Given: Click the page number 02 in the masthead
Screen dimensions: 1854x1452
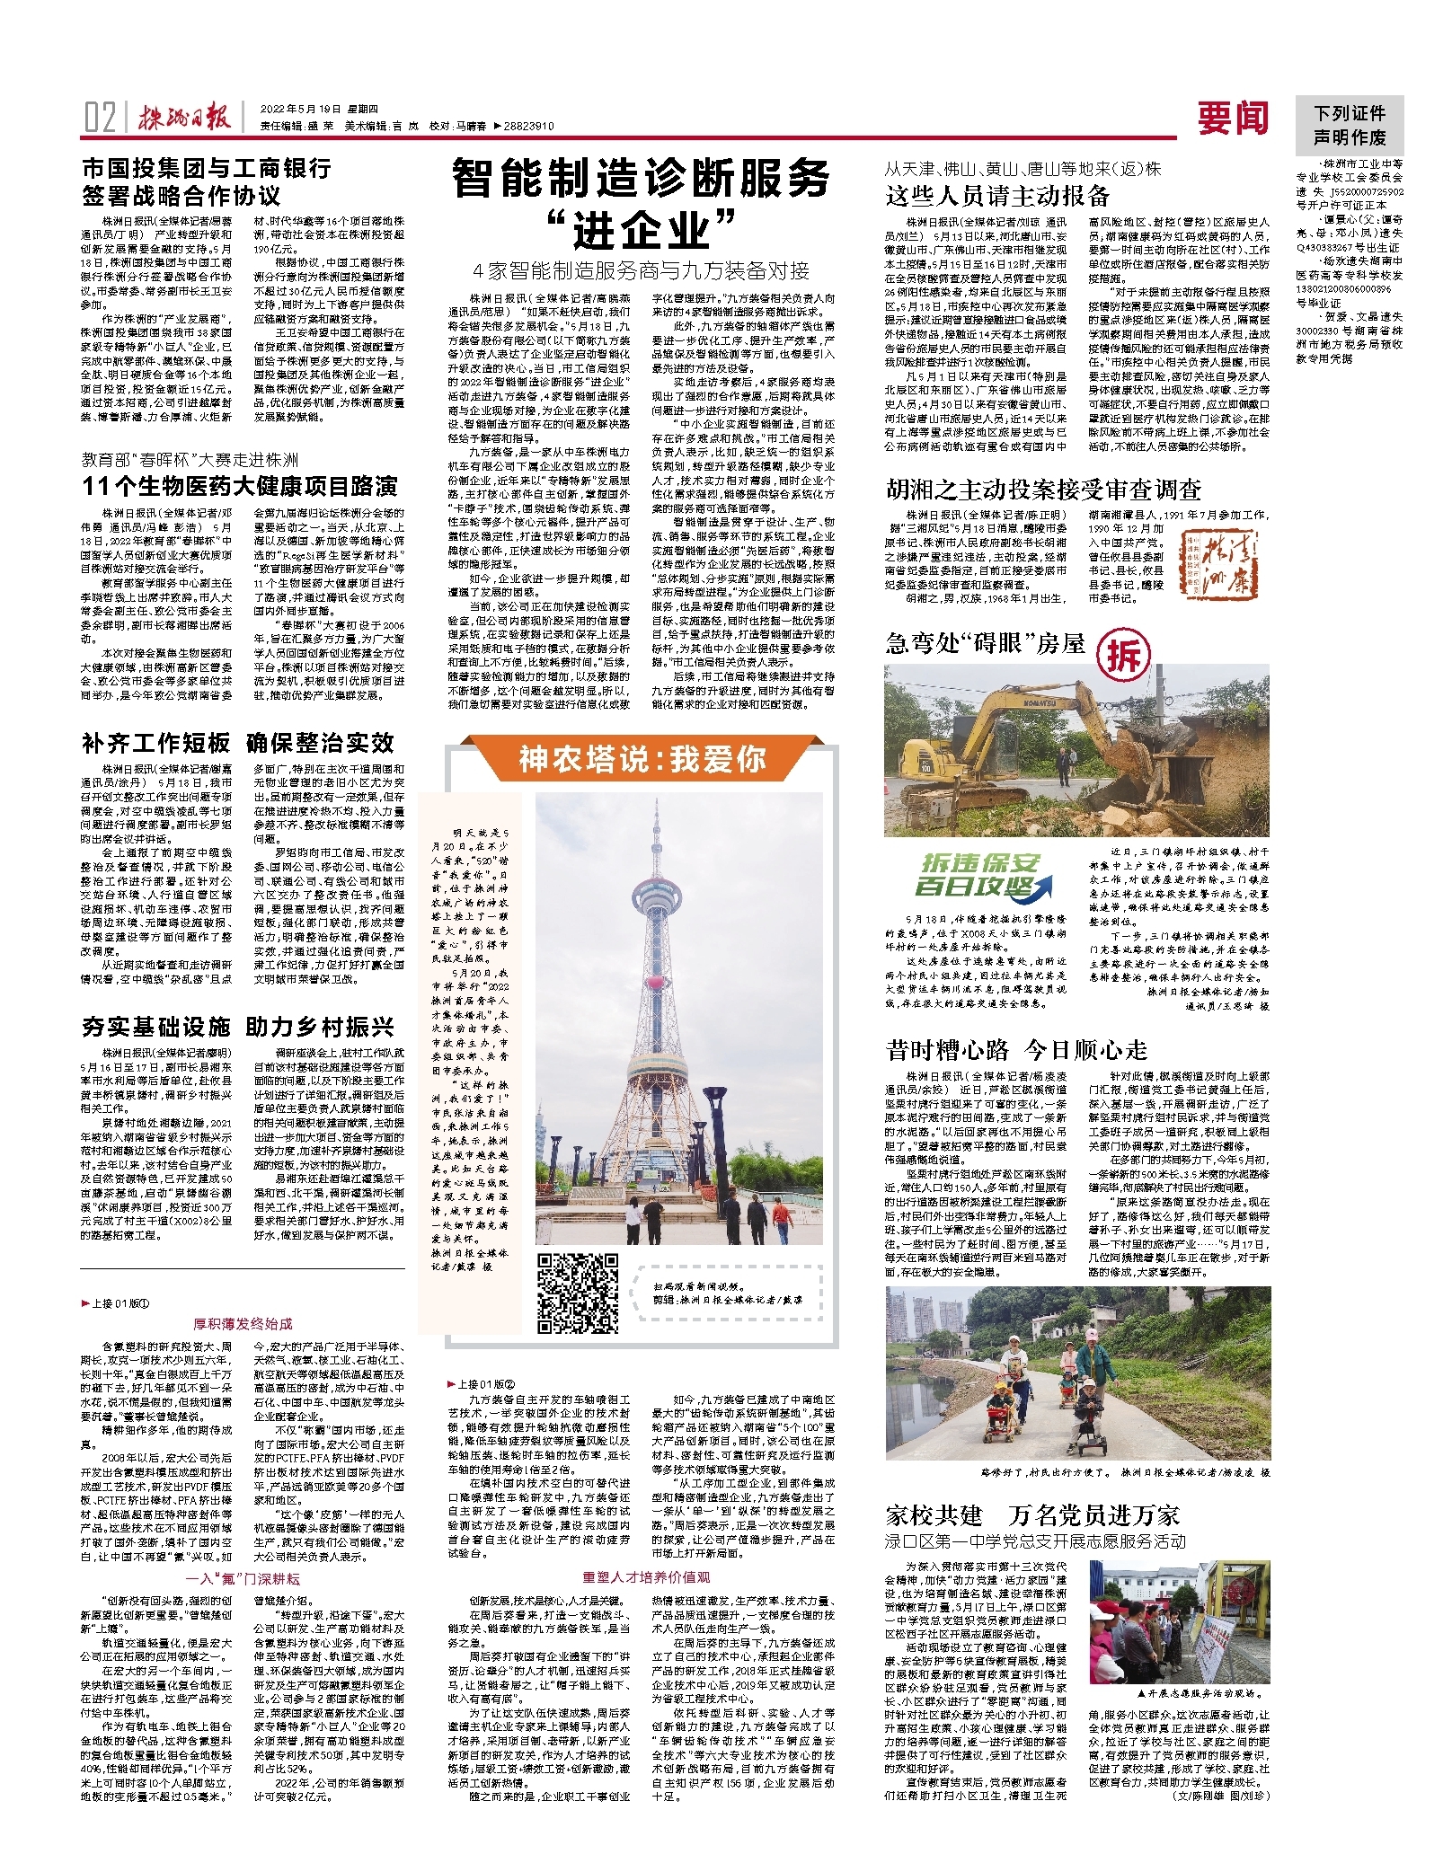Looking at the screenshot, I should tap(100, 118).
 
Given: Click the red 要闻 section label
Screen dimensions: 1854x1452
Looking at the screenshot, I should tap(1232, 119).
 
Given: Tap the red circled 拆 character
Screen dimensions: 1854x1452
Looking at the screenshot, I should tap(1123, 656).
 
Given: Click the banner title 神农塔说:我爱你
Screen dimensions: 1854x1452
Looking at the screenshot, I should tap(642, 759).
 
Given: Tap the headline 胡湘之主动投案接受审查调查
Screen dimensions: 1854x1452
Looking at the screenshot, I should tap(1043, 490).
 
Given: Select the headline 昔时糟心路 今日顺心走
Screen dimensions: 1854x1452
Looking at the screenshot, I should tap(1016, 1049).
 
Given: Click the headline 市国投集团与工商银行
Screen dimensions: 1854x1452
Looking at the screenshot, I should tap(207, 168).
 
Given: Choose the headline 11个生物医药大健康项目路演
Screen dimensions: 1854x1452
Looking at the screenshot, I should tap(239, 486).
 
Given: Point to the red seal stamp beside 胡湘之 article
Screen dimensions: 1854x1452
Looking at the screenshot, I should tap(1213, 564).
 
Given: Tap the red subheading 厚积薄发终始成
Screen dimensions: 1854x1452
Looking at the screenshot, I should tap(243, 1323).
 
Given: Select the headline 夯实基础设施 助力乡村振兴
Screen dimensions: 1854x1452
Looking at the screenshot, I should tap(238, 1027).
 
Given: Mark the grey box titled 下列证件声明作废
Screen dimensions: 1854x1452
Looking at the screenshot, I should tap(1349, 126).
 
